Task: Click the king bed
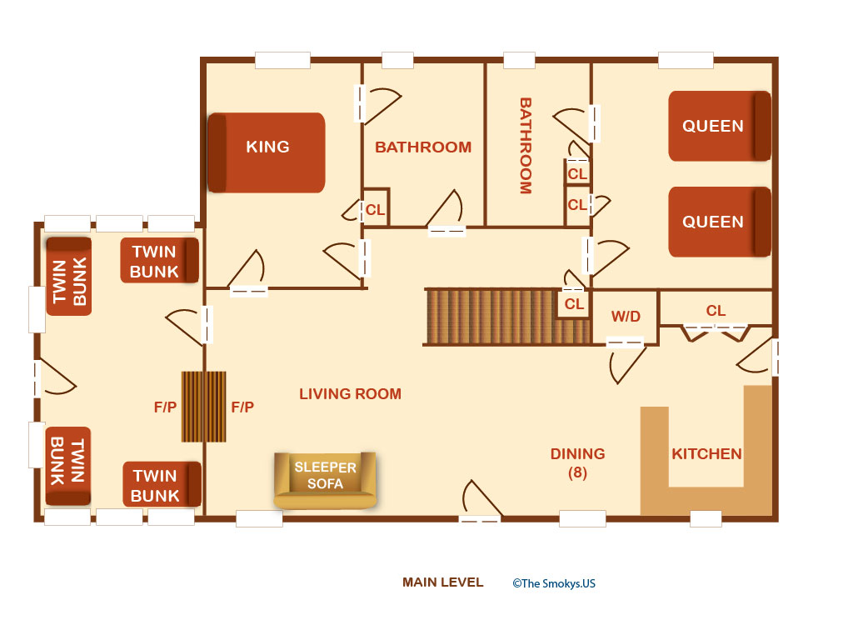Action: click(x=267, y=152)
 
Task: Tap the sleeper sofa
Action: click(x=325, y=480)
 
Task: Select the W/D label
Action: click(x=626, y=316)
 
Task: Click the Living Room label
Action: click(x=351, y=393)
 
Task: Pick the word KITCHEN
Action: click(x=706, y=454)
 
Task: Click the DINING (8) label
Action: click(x=578, y=462)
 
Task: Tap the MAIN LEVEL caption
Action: click(x=443, y=582)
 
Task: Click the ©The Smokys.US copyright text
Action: click(x=554, y=583)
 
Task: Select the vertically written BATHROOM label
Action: click(x=526, y=146)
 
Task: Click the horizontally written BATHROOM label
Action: click(x=423, y=147)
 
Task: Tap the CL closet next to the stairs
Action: click(x=574, y=303)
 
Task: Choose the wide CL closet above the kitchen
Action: click(x=716, y=309)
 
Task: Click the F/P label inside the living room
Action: click(x=242, y=407)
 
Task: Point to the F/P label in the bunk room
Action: click(x=166, y=407)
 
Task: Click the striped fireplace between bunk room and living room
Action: click(x=203, y=407)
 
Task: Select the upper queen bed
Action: click(x=719, y=126)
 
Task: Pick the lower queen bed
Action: click(x=719, y=222)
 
